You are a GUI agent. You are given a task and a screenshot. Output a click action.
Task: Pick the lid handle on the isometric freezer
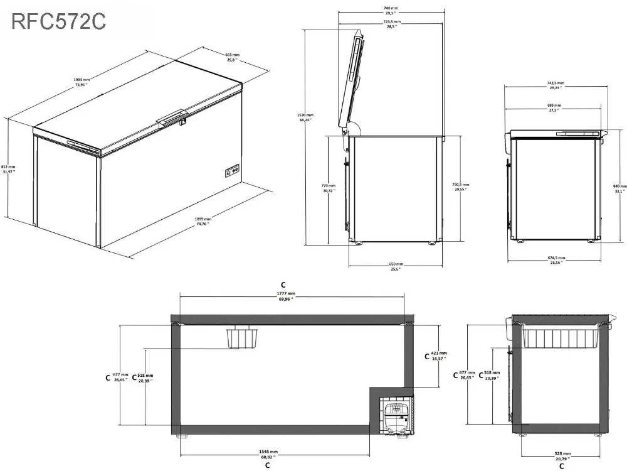(174, 118)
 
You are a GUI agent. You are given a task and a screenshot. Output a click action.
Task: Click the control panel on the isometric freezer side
(231, 170)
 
